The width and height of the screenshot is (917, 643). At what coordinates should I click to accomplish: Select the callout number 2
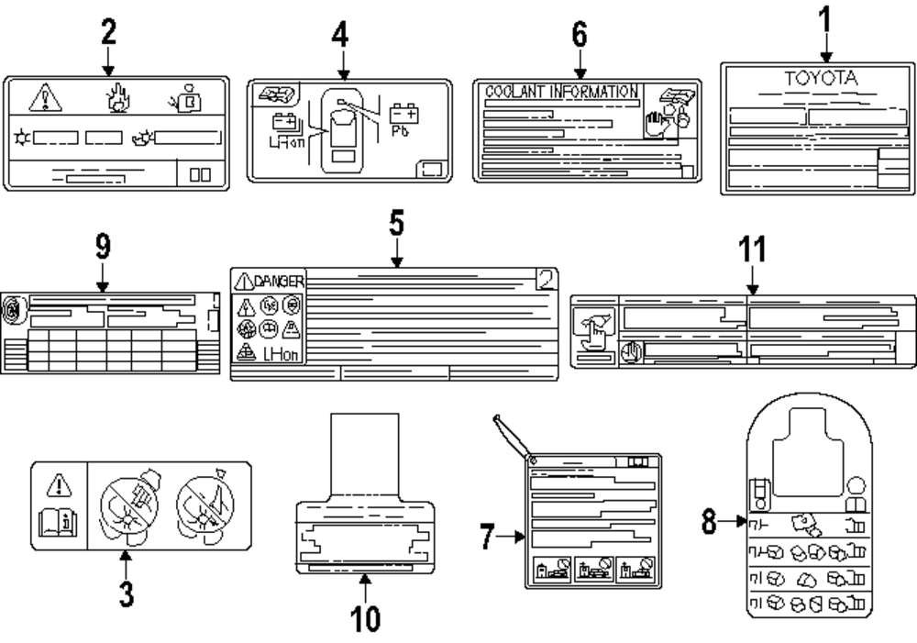point(108,31)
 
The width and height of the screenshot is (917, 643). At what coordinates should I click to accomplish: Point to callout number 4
point(341,37)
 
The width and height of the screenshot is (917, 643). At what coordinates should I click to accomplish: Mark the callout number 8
point(708,522)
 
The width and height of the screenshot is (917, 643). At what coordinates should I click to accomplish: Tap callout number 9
point(103,247)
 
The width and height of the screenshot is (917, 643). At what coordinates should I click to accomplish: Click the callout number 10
point(366,617)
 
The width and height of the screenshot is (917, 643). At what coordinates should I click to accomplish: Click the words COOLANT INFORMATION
point(560,92)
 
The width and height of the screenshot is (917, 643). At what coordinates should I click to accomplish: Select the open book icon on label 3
point(57,524)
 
